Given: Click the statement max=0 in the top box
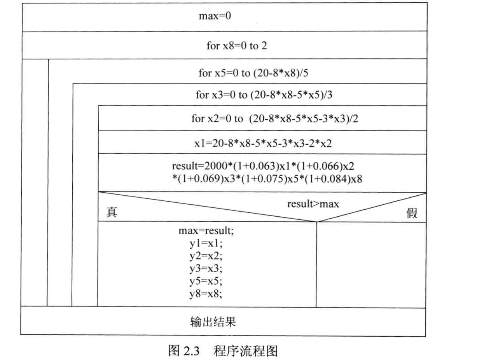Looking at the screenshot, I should point(215,17).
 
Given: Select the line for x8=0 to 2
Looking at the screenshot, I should point(236,45).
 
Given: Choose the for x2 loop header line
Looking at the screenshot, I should point(274,119).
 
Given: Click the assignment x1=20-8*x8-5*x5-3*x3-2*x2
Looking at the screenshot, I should point(263,143).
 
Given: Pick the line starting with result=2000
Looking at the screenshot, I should point(264,166).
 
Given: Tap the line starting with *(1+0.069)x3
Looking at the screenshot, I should point(268,179).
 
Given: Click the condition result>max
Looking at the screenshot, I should point(313,204).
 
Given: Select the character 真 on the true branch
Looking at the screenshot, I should point(112,213).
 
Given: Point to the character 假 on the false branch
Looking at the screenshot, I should point(412,213).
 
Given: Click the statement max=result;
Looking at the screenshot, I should point(206,231).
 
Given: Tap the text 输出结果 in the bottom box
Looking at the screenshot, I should point(213,322).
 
